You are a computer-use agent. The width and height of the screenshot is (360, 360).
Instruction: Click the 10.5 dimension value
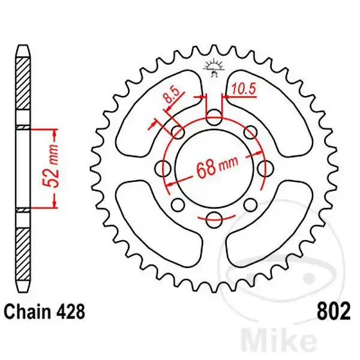click(x=244, y=89)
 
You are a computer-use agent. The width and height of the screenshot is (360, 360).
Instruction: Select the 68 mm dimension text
click(x=217, y=167)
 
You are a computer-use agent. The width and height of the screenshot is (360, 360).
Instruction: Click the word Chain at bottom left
click(x=27, y=312)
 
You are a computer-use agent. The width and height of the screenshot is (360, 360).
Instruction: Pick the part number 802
click(x=334, y=312)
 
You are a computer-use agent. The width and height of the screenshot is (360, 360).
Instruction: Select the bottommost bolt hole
click(x=214, y=220)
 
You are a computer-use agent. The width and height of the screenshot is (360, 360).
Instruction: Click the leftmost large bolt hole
click(x=163, y=169)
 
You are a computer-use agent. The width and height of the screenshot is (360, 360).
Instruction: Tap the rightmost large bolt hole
click(x=266, y=169)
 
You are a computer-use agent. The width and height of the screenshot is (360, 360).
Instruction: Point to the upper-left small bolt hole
click(x=178, y=132)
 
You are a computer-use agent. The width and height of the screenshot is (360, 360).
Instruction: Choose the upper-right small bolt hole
click(x=250, y=132)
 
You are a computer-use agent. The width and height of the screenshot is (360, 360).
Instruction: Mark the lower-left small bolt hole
click(x=178, y=205)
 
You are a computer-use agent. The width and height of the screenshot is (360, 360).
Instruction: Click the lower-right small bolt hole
click(x=250, y=205)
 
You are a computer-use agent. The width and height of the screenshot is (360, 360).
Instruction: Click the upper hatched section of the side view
click(x=24, y=83)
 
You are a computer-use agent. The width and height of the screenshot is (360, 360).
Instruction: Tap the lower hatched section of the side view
click(x=24, y=254)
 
